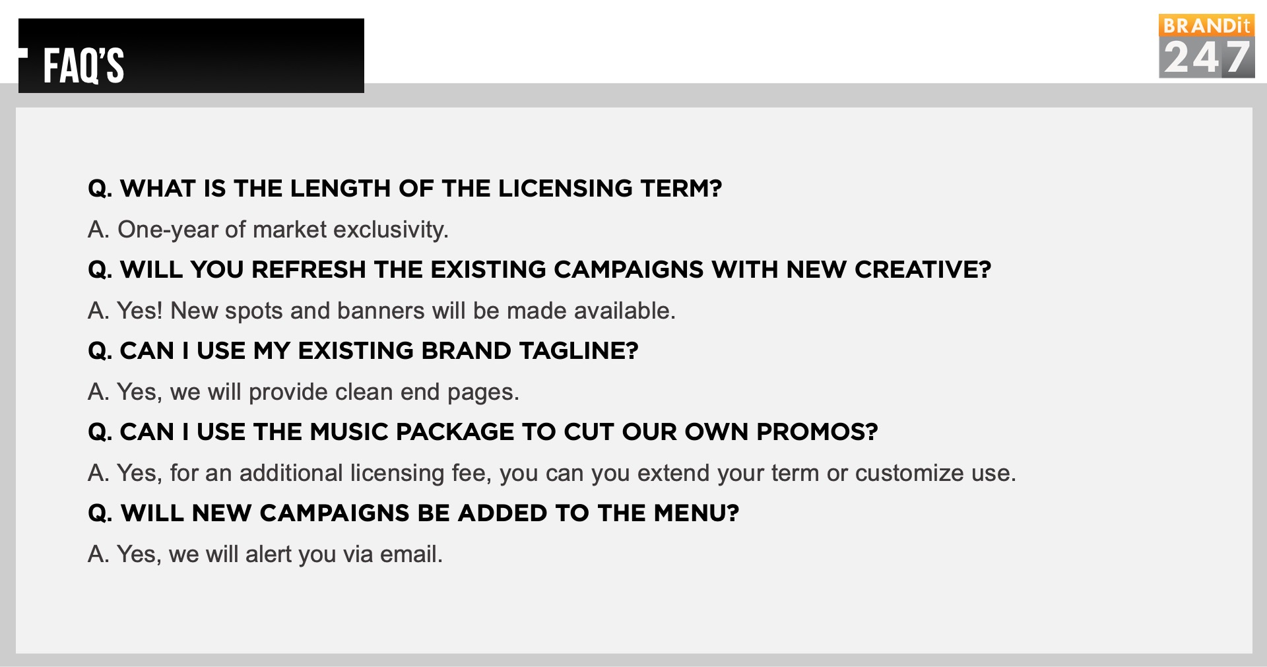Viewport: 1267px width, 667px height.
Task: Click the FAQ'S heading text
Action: (x=83, y=65)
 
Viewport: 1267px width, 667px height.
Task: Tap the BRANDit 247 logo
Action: (x=1206, y=46)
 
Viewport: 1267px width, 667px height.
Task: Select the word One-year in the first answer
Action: (x=168, y=230)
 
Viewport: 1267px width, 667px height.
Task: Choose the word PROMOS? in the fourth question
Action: (x=817, y=431)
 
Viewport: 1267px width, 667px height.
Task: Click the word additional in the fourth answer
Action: (x=291, y=473)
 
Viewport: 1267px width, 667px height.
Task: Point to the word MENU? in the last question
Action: (x=696, y=513)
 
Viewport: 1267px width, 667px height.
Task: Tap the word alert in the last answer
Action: (x=268, y=554)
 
